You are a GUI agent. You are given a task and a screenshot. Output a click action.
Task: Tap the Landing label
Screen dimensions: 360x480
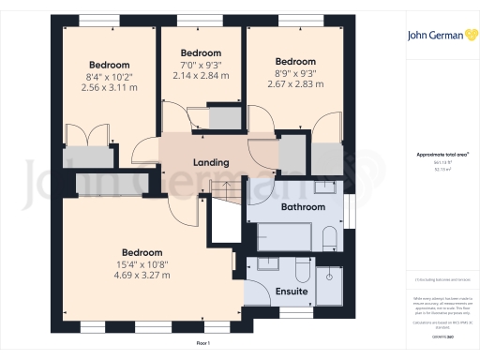[x=211, y=162]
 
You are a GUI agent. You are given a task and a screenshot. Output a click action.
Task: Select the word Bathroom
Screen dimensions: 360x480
[x=303, y=206]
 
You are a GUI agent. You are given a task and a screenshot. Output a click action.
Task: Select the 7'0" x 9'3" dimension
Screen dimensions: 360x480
[x=200, y=64]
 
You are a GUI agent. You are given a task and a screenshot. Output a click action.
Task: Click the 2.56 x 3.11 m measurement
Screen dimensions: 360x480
[x=111, y=87]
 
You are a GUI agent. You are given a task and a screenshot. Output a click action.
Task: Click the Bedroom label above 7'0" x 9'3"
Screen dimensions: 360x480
[x=200, y=52]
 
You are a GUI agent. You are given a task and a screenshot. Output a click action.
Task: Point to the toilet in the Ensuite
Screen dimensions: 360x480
[x=302, y=273]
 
